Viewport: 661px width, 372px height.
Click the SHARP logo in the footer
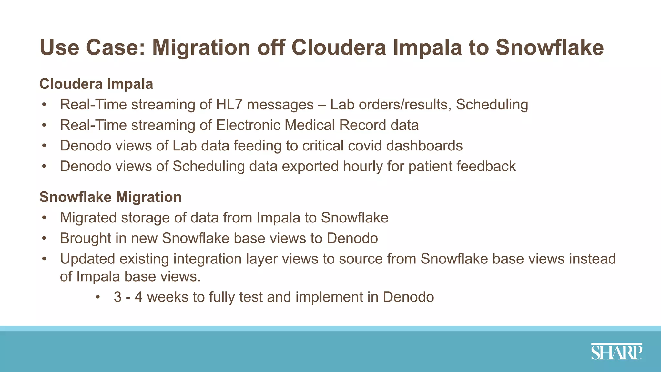click(x=616, y=352)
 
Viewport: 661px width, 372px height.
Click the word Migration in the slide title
click(x=201, y=47)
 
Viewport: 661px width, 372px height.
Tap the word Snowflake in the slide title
click(x=549, y=47)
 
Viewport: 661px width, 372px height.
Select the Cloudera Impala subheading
click(x=96, y=84)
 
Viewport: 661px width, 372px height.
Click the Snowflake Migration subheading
click(x=110, y=197)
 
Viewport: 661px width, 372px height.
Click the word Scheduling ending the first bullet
click(x=492, y=105)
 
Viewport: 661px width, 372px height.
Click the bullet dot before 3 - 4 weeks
click(x=98, y=297)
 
